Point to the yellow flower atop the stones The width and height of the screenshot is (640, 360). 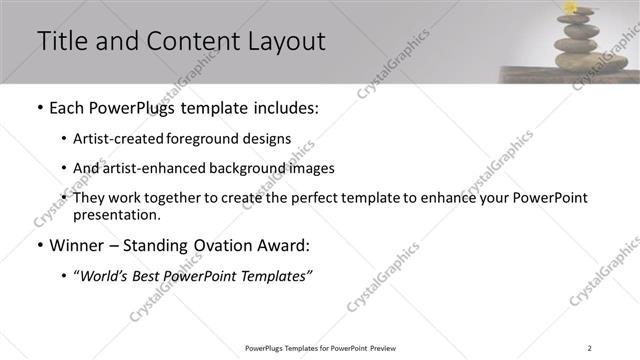click(572, 7)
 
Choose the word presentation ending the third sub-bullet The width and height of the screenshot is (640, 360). click(115, 214)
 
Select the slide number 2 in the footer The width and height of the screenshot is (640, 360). click(589, 348)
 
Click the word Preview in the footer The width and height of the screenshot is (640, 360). click(384, 348)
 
